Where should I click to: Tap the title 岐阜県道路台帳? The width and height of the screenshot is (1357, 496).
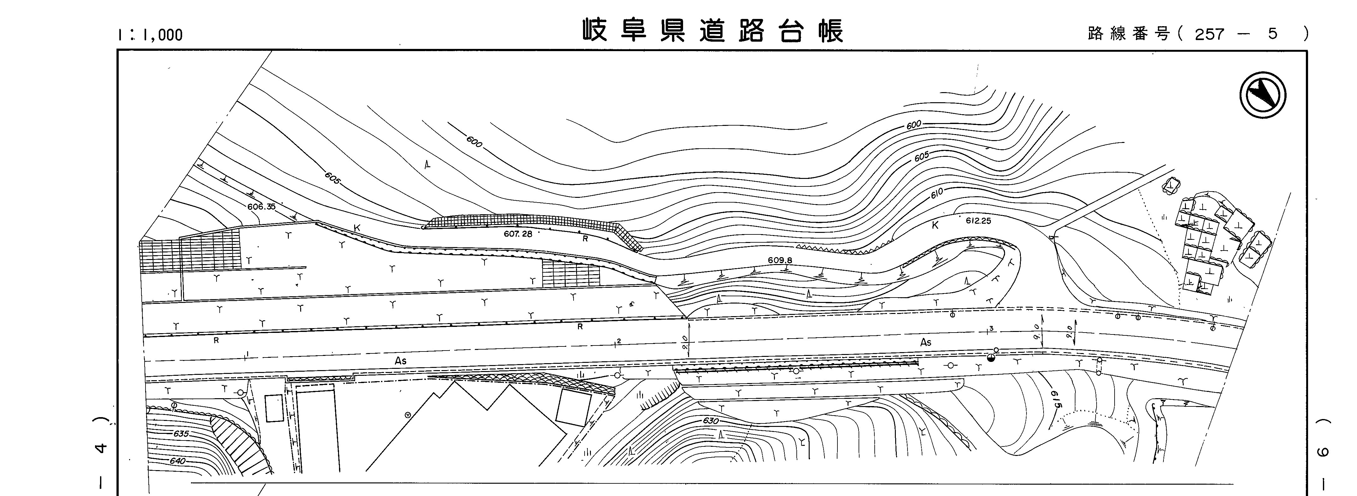(x=713, y=31)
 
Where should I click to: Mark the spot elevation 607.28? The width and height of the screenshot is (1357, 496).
(x=518, y=234)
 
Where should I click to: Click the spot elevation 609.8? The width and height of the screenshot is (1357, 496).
(x=780, y=260)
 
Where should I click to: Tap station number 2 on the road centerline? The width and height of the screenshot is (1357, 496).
(x=619, y=341)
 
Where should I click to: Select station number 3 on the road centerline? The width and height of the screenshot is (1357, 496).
(x=991, y=329)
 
